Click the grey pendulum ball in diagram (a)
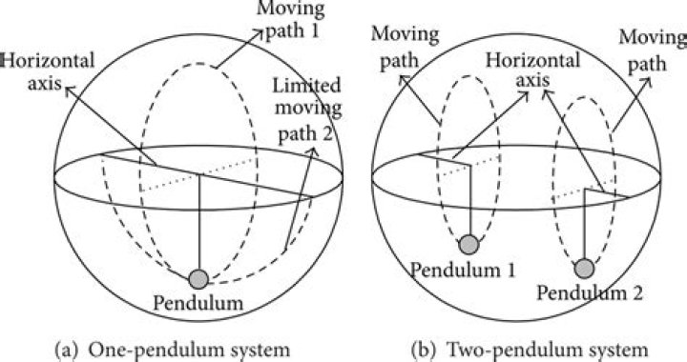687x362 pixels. coord(198,279)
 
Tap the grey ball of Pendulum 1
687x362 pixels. coord(468,244)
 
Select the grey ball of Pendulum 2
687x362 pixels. coord(585,269)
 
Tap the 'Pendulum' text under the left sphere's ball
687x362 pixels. coord(198,304)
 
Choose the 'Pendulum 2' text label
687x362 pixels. coord(585,292)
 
